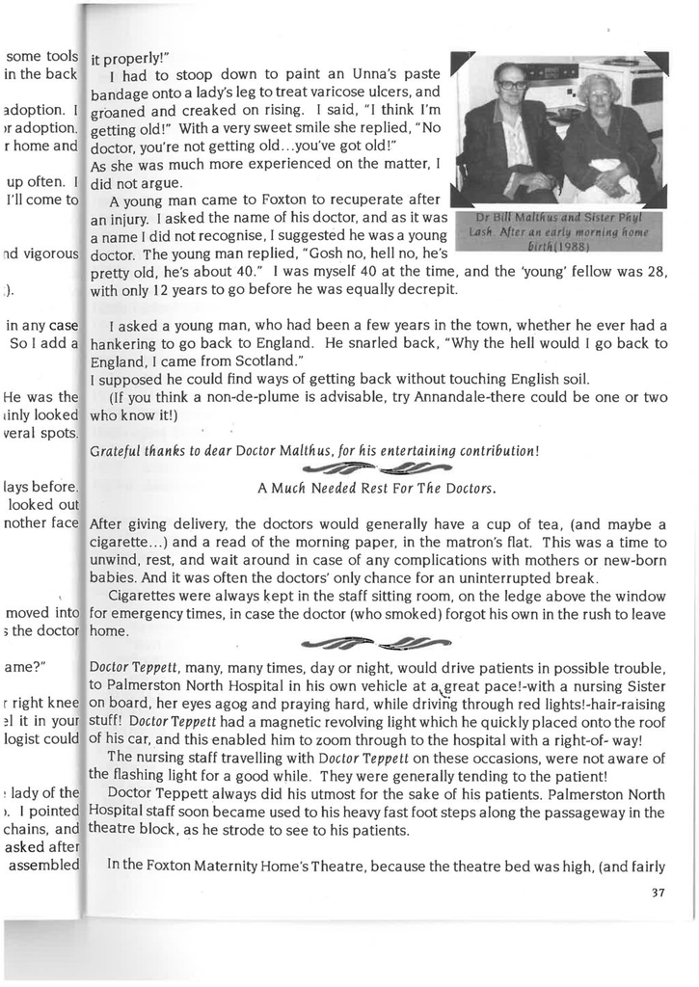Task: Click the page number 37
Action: [658, 893]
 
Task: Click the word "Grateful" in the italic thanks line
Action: [115, 451]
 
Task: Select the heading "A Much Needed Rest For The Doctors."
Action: [377, 489]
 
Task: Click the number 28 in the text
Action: [658, 271]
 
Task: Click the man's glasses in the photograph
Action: [512, 85]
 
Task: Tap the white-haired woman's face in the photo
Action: [598, 93]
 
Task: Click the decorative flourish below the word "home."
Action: [377, 643]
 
